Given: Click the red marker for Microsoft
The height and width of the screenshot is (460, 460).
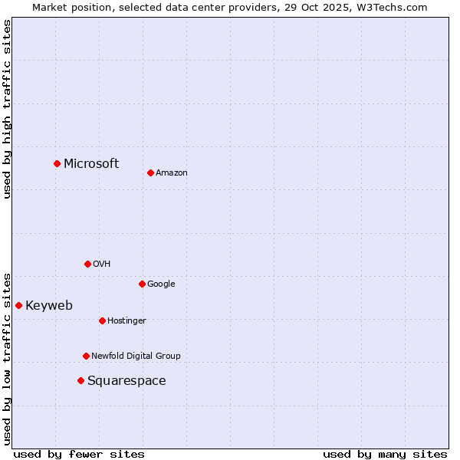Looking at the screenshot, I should (57, 163).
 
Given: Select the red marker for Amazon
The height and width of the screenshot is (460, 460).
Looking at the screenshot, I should (150, 172).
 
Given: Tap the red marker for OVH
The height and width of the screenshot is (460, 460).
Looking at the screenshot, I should (87, 264).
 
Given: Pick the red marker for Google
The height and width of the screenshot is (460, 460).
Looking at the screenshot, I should (142, 284).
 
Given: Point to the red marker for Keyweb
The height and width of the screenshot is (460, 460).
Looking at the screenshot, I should (18, 305).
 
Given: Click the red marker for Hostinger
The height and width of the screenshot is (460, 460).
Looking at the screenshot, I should (102, 320).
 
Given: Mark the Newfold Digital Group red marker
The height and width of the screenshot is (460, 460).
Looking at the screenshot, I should (86, 356).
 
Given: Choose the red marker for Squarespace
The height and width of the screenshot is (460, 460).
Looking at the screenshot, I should (80, 380).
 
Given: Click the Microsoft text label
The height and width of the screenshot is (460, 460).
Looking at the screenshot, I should (91, 163).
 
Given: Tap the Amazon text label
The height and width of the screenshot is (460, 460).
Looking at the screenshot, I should (172, 173).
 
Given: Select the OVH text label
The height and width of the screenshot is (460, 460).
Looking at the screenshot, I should (102, 264).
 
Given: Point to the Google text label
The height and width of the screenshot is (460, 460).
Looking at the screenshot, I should (161, 284).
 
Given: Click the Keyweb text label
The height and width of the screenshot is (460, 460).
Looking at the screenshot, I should (49, 306).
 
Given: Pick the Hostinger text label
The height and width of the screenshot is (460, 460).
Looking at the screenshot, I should (127, 321).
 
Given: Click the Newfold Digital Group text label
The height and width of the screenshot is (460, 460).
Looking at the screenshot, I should (136, 356).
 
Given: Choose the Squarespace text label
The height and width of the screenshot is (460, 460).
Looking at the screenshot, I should (127, 381).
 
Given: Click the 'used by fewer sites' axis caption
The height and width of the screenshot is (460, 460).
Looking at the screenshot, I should (79, 454).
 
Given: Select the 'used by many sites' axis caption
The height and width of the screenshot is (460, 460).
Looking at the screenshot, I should (385, 454).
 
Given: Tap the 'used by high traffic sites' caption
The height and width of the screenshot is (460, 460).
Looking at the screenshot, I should (8, 109).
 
